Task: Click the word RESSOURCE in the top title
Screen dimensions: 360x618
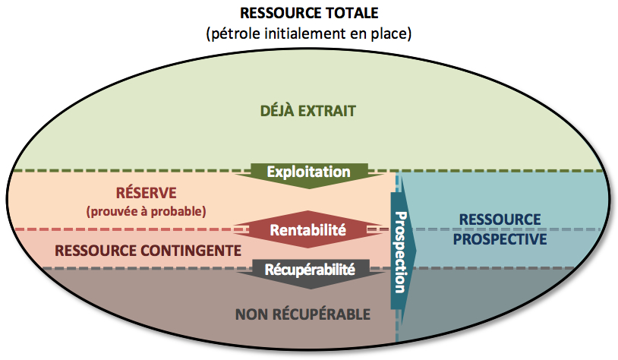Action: (276, 13)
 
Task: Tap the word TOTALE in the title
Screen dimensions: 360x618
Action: (352, 13)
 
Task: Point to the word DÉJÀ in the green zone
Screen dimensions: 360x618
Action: (279, 111)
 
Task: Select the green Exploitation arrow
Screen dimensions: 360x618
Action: (308, 172)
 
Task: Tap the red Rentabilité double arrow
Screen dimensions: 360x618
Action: (308, 229)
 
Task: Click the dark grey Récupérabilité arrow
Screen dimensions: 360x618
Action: (308, 269)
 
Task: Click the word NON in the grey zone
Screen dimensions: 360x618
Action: (251, 313)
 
